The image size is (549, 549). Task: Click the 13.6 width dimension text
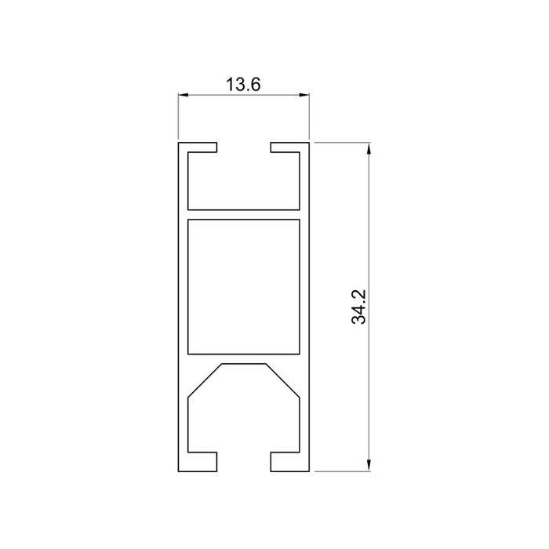point(243,85)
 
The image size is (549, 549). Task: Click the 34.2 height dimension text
point(358,307)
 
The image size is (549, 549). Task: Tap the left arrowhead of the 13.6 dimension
point(184,95)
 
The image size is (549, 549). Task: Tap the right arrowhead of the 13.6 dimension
point(304,95)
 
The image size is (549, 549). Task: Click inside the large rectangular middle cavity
point(244,287)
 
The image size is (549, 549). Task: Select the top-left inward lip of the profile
point(202,147)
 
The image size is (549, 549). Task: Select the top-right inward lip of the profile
point(285,147)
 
